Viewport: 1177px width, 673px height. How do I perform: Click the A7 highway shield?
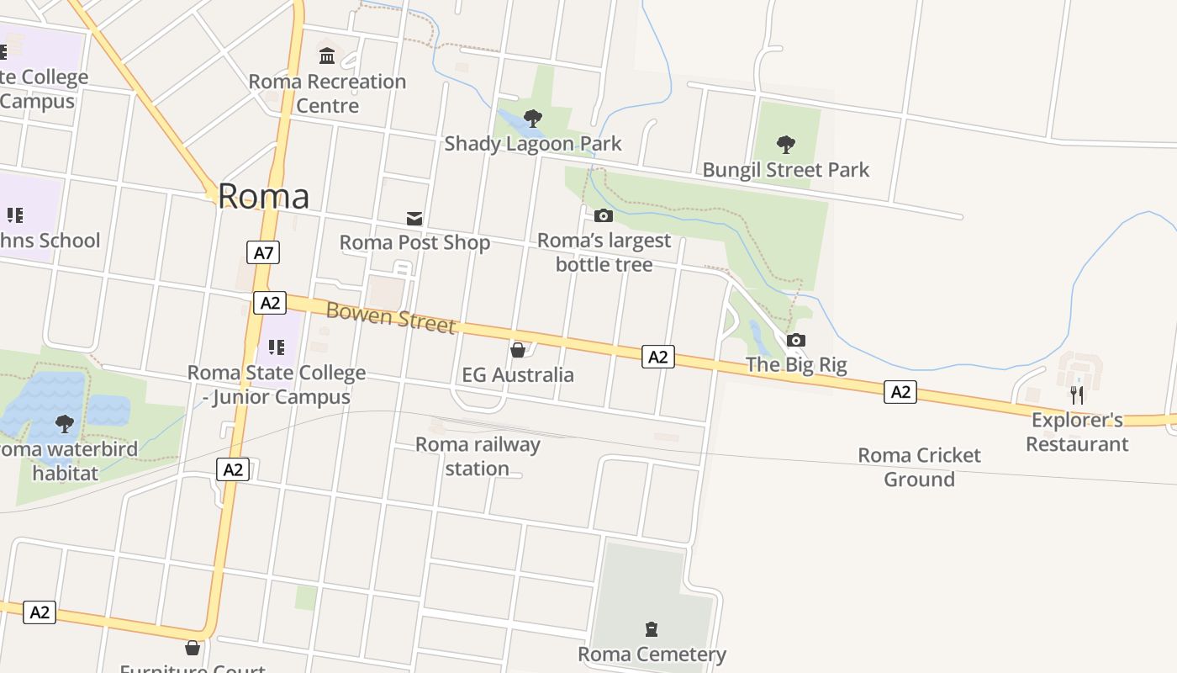coord(263,252)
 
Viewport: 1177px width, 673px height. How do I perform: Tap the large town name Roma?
coord(263,196)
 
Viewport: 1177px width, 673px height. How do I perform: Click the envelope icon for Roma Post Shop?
coord(414,219)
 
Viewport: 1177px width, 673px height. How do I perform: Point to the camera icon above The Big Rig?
coord(796,341)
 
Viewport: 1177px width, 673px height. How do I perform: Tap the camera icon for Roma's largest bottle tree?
coord(604,216)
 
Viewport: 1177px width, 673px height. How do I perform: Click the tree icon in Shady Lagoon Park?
coord(532,119)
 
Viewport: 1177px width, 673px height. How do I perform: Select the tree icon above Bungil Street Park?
coord(786,145)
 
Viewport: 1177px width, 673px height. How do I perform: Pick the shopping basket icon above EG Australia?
coord(518,350)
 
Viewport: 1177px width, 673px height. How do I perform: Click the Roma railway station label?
coord(478,456)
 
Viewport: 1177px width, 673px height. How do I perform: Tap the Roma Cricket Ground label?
coord(919,467)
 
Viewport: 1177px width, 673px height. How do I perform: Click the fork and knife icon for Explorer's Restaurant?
coord(1077,395)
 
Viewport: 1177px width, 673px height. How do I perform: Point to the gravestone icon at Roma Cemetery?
coord(651,629)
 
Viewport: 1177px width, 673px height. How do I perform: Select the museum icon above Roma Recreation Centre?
coord(327,56)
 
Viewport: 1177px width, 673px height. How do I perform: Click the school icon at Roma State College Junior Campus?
coord(277,347)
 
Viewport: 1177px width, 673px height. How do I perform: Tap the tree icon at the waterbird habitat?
coord(65,424)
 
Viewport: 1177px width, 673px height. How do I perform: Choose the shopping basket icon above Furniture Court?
coord(193,648)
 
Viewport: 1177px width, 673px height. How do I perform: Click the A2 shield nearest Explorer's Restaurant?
coord(900,392)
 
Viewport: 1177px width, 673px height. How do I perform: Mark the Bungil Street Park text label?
coord(785,170)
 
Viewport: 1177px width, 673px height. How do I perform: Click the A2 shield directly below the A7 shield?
coord(269,303)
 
